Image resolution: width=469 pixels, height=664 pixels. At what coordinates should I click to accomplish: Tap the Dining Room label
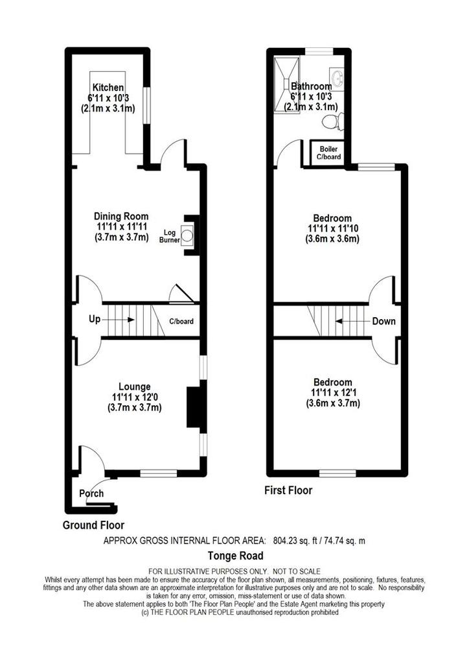[121, 217]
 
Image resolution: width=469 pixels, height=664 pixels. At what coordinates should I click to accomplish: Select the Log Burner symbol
[188, 235]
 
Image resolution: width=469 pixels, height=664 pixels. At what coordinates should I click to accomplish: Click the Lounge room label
[134, 386]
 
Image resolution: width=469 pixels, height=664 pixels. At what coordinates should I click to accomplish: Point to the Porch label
[91, 493]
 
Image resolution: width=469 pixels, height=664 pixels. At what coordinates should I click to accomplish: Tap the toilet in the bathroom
[334, 121]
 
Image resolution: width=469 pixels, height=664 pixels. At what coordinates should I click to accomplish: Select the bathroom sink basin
[337, 79]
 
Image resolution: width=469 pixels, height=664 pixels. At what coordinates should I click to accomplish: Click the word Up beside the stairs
[94, 320]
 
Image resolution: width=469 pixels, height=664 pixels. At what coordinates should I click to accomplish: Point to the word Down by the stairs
[383, 321]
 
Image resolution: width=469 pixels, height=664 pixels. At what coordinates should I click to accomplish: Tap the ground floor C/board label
[181, 321]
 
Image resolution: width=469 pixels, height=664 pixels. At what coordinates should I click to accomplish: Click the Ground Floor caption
[93, 525]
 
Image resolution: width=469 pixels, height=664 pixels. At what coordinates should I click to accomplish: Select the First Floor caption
[288, 491]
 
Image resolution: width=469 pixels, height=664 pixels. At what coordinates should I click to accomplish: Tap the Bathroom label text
[312, 86]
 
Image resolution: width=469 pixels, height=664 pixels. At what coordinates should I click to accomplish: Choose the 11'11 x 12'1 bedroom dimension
[333, 393]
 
